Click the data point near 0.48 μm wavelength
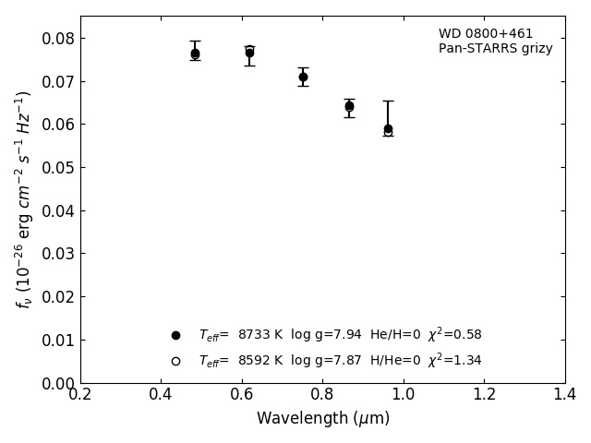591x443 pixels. (x=195, y=54)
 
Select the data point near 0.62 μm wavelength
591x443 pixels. (x=249, y=53)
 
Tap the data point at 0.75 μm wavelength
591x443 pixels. (x=303, y=77)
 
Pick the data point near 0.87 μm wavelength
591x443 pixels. (x=349, y=106)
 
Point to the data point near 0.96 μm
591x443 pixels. (x=388, y=129)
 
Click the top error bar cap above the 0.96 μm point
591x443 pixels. (x=388, y=101)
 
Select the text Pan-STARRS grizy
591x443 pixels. (x=495, y=49)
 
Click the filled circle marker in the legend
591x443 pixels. (x=175, y=335)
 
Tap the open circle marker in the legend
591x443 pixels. (x=175, y=361)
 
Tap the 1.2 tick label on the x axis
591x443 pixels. (x=484, y=394)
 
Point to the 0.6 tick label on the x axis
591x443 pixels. (x=242, y=394)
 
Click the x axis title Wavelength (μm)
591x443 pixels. (x=323, y=419)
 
